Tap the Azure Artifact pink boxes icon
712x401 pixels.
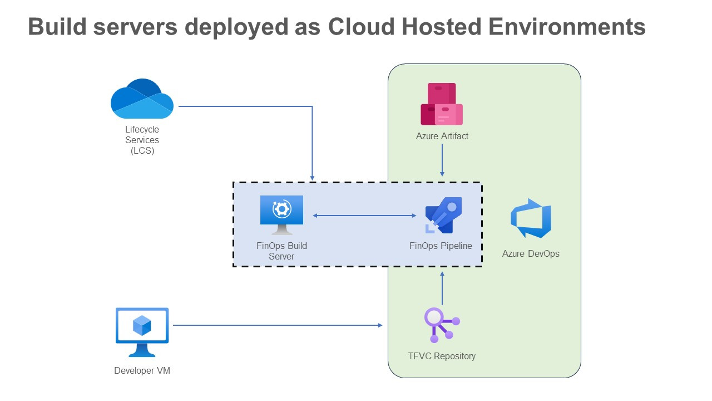pos(442,104)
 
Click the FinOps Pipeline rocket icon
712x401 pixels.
pos(443,216)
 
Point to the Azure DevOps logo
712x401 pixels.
pos(531,218)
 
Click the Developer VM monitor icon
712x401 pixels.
pos(142,332)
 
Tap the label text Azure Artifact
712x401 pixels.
pos(442,136)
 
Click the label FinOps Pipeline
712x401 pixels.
pos(441,246)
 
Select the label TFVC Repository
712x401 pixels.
pos(442,356)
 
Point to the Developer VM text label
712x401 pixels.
pos(142,370)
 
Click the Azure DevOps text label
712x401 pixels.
pos(531,253)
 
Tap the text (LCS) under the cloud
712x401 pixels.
pos(142,150)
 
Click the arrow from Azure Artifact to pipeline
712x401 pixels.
pos(442,161)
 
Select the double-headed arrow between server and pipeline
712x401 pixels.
pos(364,216)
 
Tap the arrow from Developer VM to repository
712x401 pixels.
pos(278,325)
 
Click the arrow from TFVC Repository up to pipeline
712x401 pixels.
pos(442,288)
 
